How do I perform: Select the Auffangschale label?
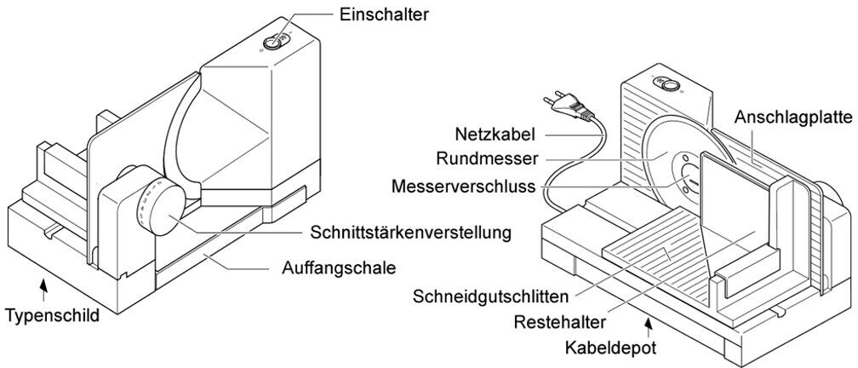[337, 267]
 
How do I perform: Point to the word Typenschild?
[53, 316]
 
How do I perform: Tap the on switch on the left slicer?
[273, 41]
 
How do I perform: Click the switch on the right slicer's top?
[668, 84]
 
